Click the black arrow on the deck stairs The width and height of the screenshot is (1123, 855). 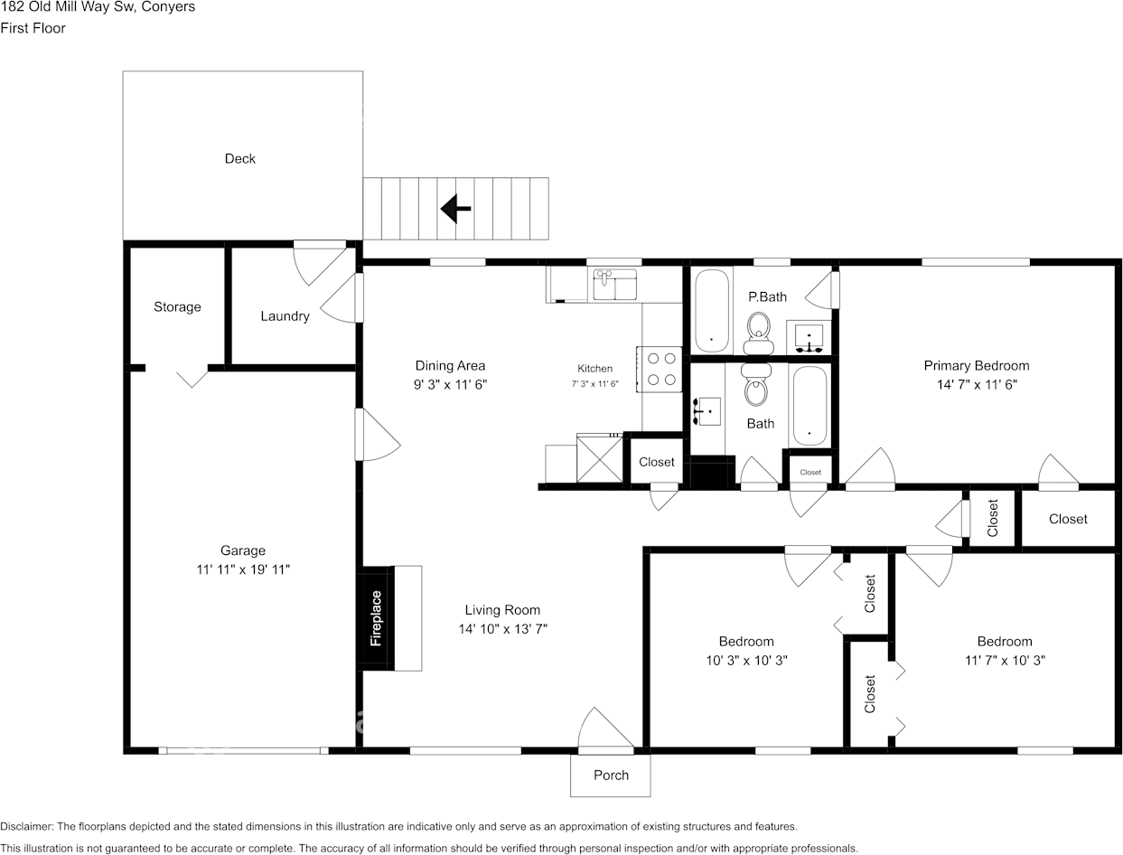click(x=456, y=210)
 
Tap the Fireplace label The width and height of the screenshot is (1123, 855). click(x=377, y=619)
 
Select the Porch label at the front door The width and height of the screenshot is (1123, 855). click(x=611, y=775)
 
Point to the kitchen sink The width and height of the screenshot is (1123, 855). click(x=615, y=285)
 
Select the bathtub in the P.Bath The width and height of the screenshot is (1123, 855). click(x=712, y=311)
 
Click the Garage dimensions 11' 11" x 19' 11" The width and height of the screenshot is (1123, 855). click(x=243, y=569)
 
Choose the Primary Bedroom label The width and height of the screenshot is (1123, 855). click(x=976, y=366)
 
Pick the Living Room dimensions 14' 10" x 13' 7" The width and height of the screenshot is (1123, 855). click(x=502, y=629)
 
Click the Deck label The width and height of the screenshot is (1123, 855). click(x=240, y=159)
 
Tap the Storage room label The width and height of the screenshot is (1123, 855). click(x=177, y=307)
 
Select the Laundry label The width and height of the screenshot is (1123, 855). click(x=285, y=316)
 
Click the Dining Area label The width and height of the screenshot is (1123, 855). click(x=450, y=366)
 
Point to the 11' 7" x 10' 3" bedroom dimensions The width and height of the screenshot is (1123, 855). click(x=1004, y=661)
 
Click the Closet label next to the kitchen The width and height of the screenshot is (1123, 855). click(x=657, y=462)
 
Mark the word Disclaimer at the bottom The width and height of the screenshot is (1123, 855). click(x=26, y=826)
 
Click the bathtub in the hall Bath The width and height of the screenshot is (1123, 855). click(x=809, y=406)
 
